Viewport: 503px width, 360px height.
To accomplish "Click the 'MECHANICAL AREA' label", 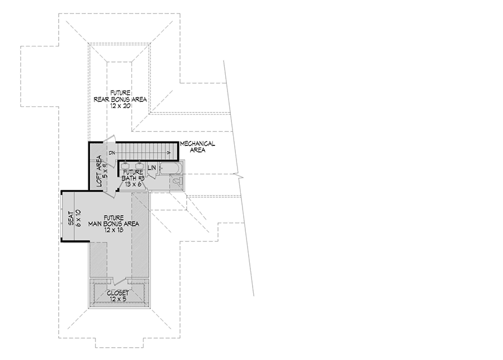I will (197, 147).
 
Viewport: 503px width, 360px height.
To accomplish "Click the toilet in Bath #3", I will (175, 181).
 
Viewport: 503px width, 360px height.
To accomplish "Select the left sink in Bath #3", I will (126, 165).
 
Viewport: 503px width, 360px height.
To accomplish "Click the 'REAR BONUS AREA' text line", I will (120, 100).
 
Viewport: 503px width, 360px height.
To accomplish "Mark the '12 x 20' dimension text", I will (120, 106).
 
